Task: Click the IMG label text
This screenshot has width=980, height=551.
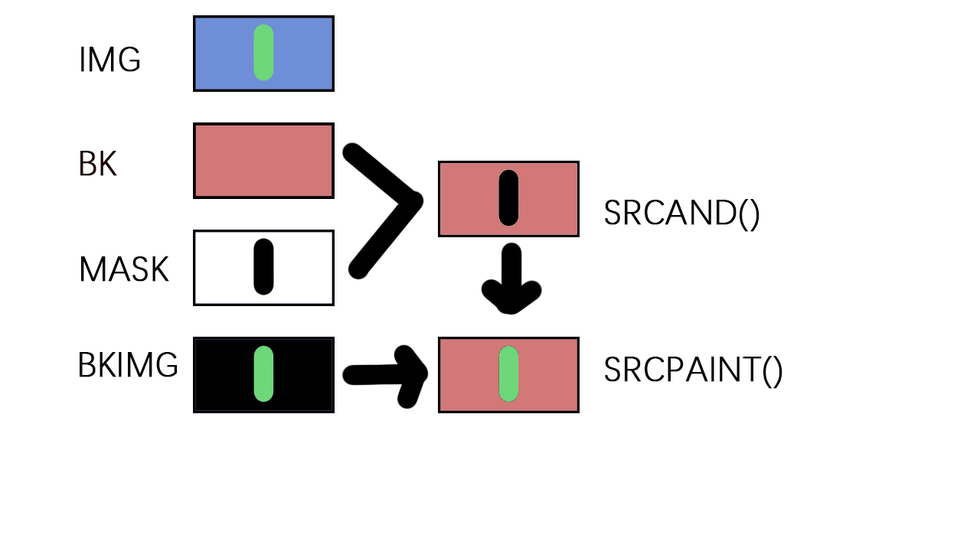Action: [109, 60]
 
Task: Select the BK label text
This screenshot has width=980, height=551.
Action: [97, 164]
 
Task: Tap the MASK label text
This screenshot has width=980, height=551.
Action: [123, 269]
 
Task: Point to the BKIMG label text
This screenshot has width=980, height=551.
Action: [128, 366]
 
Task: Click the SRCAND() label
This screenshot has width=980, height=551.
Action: [681, 212]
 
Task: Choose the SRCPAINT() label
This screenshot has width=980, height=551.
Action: [693, 370]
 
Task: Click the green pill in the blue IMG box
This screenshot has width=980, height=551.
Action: [263, 52]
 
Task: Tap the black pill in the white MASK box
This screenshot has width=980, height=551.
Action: [263, 266]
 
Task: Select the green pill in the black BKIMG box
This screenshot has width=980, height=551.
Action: [263, 373]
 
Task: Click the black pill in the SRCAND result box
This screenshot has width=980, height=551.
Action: [508, 197]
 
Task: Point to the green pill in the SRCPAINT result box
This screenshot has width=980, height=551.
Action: [508, 373]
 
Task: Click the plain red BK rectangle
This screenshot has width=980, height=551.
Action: [263, 161]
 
